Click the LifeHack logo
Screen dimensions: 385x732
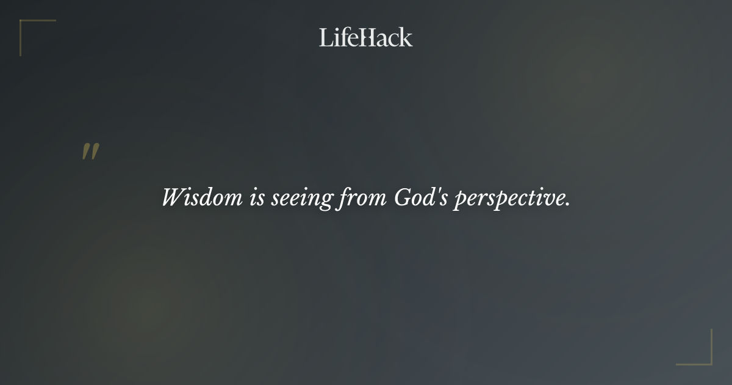(366, 37)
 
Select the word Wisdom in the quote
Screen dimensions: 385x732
(202, 197)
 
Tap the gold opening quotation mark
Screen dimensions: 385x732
(90, 152)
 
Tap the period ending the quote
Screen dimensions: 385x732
(567, 204)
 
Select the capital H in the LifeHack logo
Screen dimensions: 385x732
(367, 38)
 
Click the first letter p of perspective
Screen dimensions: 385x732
(459, 200)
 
